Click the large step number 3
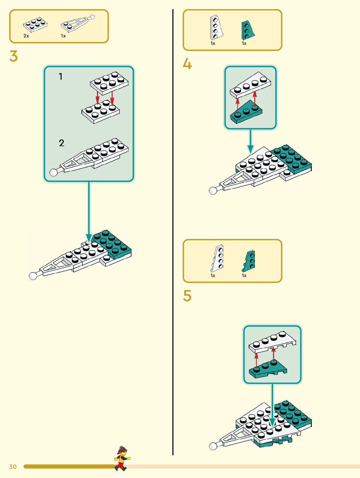[14, 56]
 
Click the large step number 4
[187, 64]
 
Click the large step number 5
[187, 296]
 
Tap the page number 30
[13, 467]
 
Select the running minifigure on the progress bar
[122, 458]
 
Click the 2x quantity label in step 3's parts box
[26, 36]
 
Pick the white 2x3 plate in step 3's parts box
[35, 25]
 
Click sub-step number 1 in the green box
[61, 77]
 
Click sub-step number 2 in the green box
[62, 143]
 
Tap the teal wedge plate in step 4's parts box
[248, 30]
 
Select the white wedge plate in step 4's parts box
[216, 27]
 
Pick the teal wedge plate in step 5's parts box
[249, 260]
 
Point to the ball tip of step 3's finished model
[33, 276]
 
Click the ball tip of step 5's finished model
[213, 446]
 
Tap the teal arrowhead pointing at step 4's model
[250, 149]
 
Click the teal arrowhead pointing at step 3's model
[89, 238]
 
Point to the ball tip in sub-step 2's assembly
[53, 172]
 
